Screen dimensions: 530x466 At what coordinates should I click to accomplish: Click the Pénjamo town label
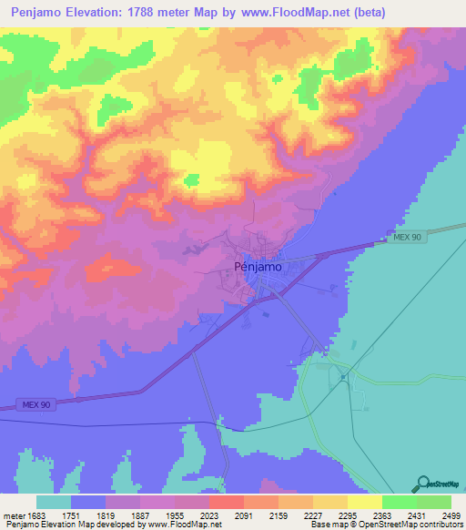(258, 268)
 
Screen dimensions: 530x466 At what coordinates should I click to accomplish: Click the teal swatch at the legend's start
(54, 502)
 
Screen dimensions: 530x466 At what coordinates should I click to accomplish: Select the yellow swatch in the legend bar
(364, 502)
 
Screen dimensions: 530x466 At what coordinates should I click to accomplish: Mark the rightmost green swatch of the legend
(433, 502)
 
